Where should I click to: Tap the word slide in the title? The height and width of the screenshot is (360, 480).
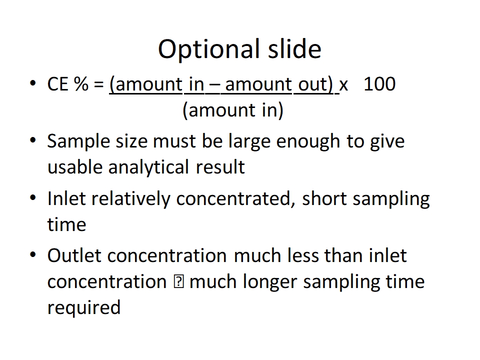295,48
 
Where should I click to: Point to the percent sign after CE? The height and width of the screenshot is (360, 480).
81,84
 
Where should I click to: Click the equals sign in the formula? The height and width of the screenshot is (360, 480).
98,85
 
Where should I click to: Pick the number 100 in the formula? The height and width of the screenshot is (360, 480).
379,84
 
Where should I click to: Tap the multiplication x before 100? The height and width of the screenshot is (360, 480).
344,86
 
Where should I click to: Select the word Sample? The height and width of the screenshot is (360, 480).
78,141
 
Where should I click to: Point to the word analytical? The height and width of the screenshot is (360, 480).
148,167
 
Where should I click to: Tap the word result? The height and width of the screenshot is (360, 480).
220,167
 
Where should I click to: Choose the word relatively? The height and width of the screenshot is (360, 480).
130,199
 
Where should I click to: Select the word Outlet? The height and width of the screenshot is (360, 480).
74,255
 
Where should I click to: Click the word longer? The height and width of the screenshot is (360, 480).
269,282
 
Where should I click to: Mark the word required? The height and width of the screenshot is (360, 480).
84,308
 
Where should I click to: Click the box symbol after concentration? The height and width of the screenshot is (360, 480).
178,281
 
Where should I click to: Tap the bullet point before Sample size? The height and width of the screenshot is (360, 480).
33,140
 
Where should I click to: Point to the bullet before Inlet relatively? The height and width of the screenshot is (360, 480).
33,197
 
